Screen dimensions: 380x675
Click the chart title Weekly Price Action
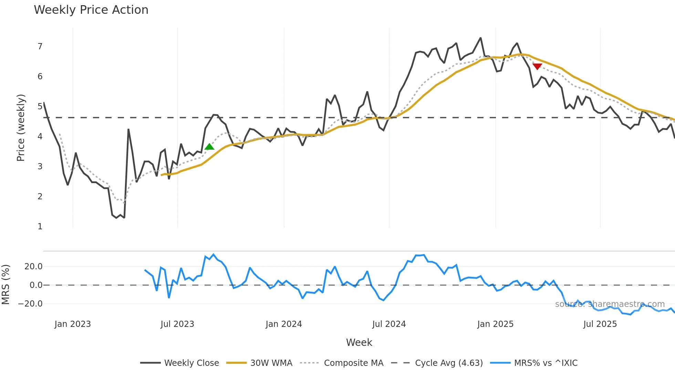pos(91,10)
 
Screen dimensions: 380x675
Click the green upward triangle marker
pos(209,147)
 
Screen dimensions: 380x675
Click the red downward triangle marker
pos(537,66)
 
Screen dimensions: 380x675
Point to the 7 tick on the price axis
pos(40,47)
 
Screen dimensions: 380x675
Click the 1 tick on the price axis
pos(40,227)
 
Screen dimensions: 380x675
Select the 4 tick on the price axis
pos(40,137)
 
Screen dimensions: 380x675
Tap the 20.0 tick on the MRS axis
pos(33,267)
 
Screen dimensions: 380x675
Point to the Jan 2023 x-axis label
pos(73,324)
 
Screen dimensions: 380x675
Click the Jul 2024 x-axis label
pos(389,324)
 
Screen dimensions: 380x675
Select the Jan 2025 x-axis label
pos(495,324)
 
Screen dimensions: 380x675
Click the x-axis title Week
pos(359,342)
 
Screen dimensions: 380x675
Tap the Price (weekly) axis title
pos(21,128)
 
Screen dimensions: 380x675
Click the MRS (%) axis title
pos(6,284)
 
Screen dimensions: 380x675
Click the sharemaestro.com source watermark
pos(610,304)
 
